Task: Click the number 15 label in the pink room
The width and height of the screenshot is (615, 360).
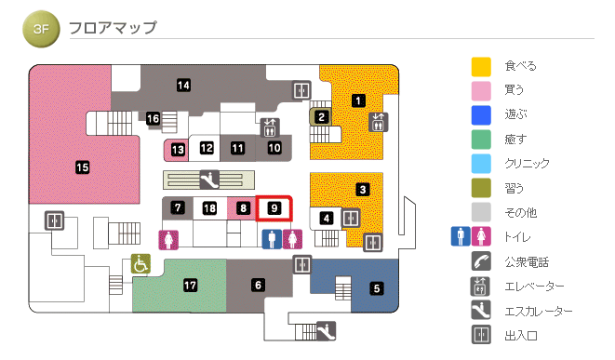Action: pyautogui.click(x=83, y=167)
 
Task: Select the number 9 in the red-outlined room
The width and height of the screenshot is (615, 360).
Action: pyautogui.click(x=274, y=208)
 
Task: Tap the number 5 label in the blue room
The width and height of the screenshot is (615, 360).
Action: pyautogui.click(x=377, y=288)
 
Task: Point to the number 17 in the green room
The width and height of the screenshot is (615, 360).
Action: pyautogui.click(x=191, y=285)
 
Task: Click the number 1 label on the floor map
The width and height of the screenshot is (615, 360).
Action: pyautogui.click(x=358, y=100)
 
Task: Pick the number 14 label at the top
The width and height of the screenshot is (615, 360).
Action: pyautogui.click(x=184, y=86)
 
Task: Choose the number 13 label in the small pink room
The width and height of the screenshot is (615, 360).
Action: pyautogui.click(x=178, y=148)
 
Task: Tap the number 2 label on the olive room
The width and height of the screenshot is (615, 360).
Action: pyautogui.click(x=321, y=117)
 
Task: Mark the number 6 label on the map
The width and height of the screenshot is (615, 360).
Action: pyautogui.click(x=258, y=285)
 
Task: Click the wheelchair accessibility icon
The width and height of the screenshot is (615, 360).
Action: pyautogui.click(x=140, y=264)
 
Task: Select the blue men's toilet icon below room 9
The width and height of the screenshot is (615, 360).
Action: pyautogui.click(x=271, y=239)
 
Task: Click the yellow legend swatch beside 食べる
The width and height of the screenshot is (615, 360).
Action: pyautogui.click(x=481, y=66)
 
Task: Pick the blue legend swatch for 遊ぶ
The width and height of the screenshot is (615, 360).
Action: pyautogui.click(x=481, y=114)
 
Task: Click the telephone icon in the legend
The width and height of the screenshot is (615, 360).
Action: pyautogui.click(x=481, y=261)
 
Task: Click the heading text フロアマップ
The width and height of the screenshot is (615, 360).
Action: pyautogui.click(x=113, y=27)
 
